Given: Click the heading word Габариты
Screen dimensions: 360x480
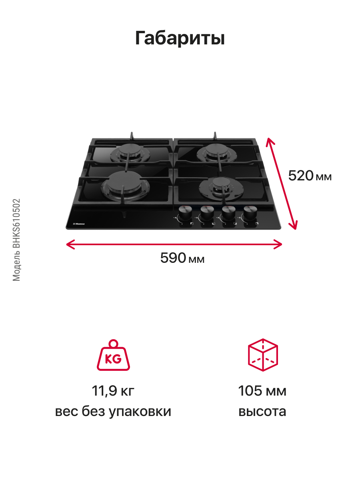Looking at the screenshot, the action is pyautogui.click(x=180, y=38).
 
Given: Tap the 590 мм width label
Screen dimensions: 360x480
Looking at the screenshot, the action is pyautogui.click(x=182, y=258).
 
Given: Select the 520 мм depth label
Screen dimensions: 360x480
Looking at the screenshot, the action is pyautogui.click(x=310, y=176).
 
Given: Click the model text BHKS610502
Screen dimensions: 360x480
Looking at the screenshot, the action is pyautogui.click(x=16, y=223).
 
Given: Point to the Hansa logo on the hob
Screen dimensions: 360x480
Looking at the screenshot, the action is pyautogui.click(x=79, y=224).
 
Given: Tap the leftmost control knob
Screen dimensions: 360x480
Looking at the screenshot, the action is pyautogui.click(x=186, y=213).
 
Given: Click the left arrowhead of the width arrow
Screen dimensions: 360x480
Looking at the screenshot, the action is pyautogui.click(x=71, y=244).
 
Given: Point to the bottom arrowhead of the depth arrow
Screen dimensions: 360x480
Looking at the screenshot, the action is pyautogui.click(x=294, y=225).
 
